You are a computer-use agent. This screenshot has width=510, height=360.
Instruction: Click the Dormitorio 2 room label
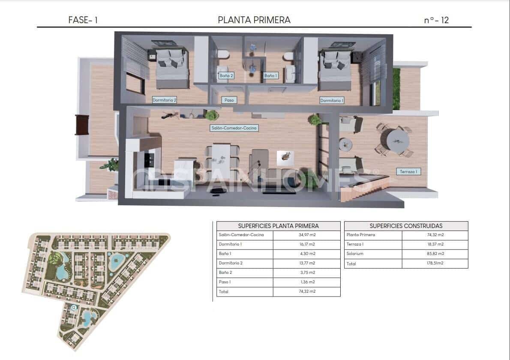[x=165, y=100]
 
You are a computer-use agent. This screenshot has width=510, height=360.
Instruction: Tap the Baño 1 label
[x=271, y=76]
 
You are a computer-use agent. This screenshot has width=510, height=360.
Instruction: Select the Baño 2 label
[x=226, y=76]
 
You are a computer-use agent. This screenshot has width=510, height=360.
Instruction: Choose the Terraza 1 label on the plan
[x=408, y=171]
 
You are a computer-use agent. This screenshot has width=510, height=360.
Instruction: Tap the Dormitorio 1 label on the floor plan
[x=332, y=100]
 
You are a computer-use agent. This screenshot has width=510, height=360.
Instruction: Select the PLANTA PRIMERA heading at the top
[x=254, y=20]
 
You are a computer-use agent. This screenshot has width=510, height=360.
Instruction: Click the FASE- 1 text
[x=83, y=20]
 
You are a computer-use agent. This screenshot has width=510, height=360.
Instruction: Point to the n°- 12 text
[x=436, y=20]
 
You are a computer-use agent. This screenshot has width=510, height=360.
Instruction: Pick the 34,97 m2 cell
[x=306, y=235]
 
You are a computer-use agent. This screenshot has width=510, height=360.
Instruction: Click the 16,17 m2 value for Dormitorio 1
[x=306, y=244]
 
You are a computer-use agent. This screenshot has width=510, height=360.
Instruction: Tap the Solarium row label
[x=355, y=254]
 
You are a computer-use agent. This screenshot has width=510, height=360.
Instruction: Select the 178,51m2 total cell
[x=435, y=263]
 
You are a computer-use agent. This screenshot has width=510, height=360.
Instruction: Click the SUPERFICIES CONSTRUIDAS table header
[x=406, y=226]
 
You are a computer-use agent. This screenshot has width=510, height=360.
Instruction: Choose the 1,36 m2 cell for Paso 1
[x=306, y=282]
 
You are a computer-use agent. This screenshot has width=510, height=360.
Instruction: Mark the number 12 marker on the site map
[x=74, y=307]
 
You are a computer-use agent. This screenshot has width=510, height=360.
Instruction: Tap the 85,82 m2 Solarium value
[x=435, y=254]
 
